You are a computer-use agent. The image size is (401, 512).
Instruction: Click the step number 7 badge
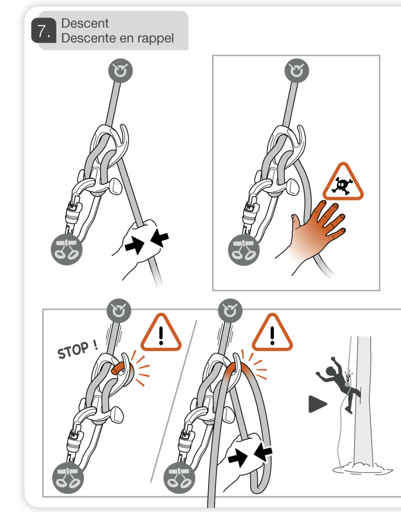[x=44, y=30]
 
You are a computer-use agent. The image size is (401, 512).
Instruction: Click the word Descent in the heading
[x=85, y=23]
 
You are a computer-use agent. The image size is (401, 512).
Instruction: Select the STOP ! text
[x=77, y=350]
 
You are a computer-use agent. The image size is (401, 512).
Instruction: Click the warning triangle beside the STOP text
[x=161, y=333]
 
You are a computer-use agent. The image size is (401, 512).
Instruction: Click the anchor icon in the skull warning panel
[x=297, y=71]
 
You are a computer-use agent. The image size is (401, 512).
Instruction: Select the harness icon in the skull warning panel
[x=244, y=250]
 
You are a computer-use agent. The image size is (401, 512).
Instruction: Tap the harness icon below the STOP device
[x=68, y=478]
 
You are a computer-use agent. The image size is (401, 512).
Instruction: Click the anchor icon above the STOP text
[x=119, y=311]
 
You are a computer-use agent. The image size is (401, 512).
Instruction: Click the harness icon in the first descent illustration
[x=67, y=249]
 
